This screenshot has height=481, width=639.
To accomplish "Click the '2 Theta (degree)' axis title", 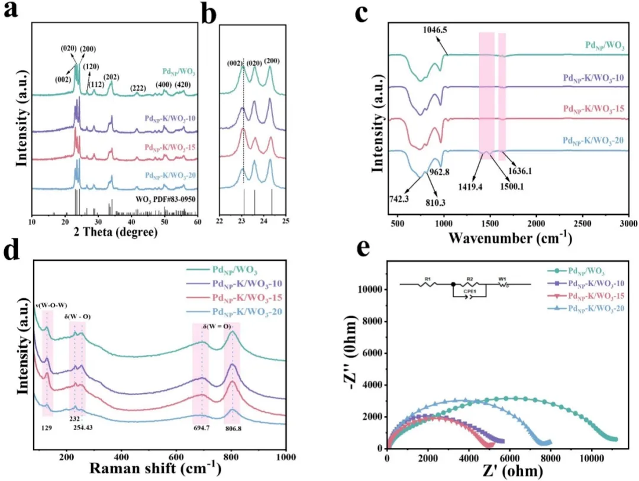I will click(115, 232).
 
